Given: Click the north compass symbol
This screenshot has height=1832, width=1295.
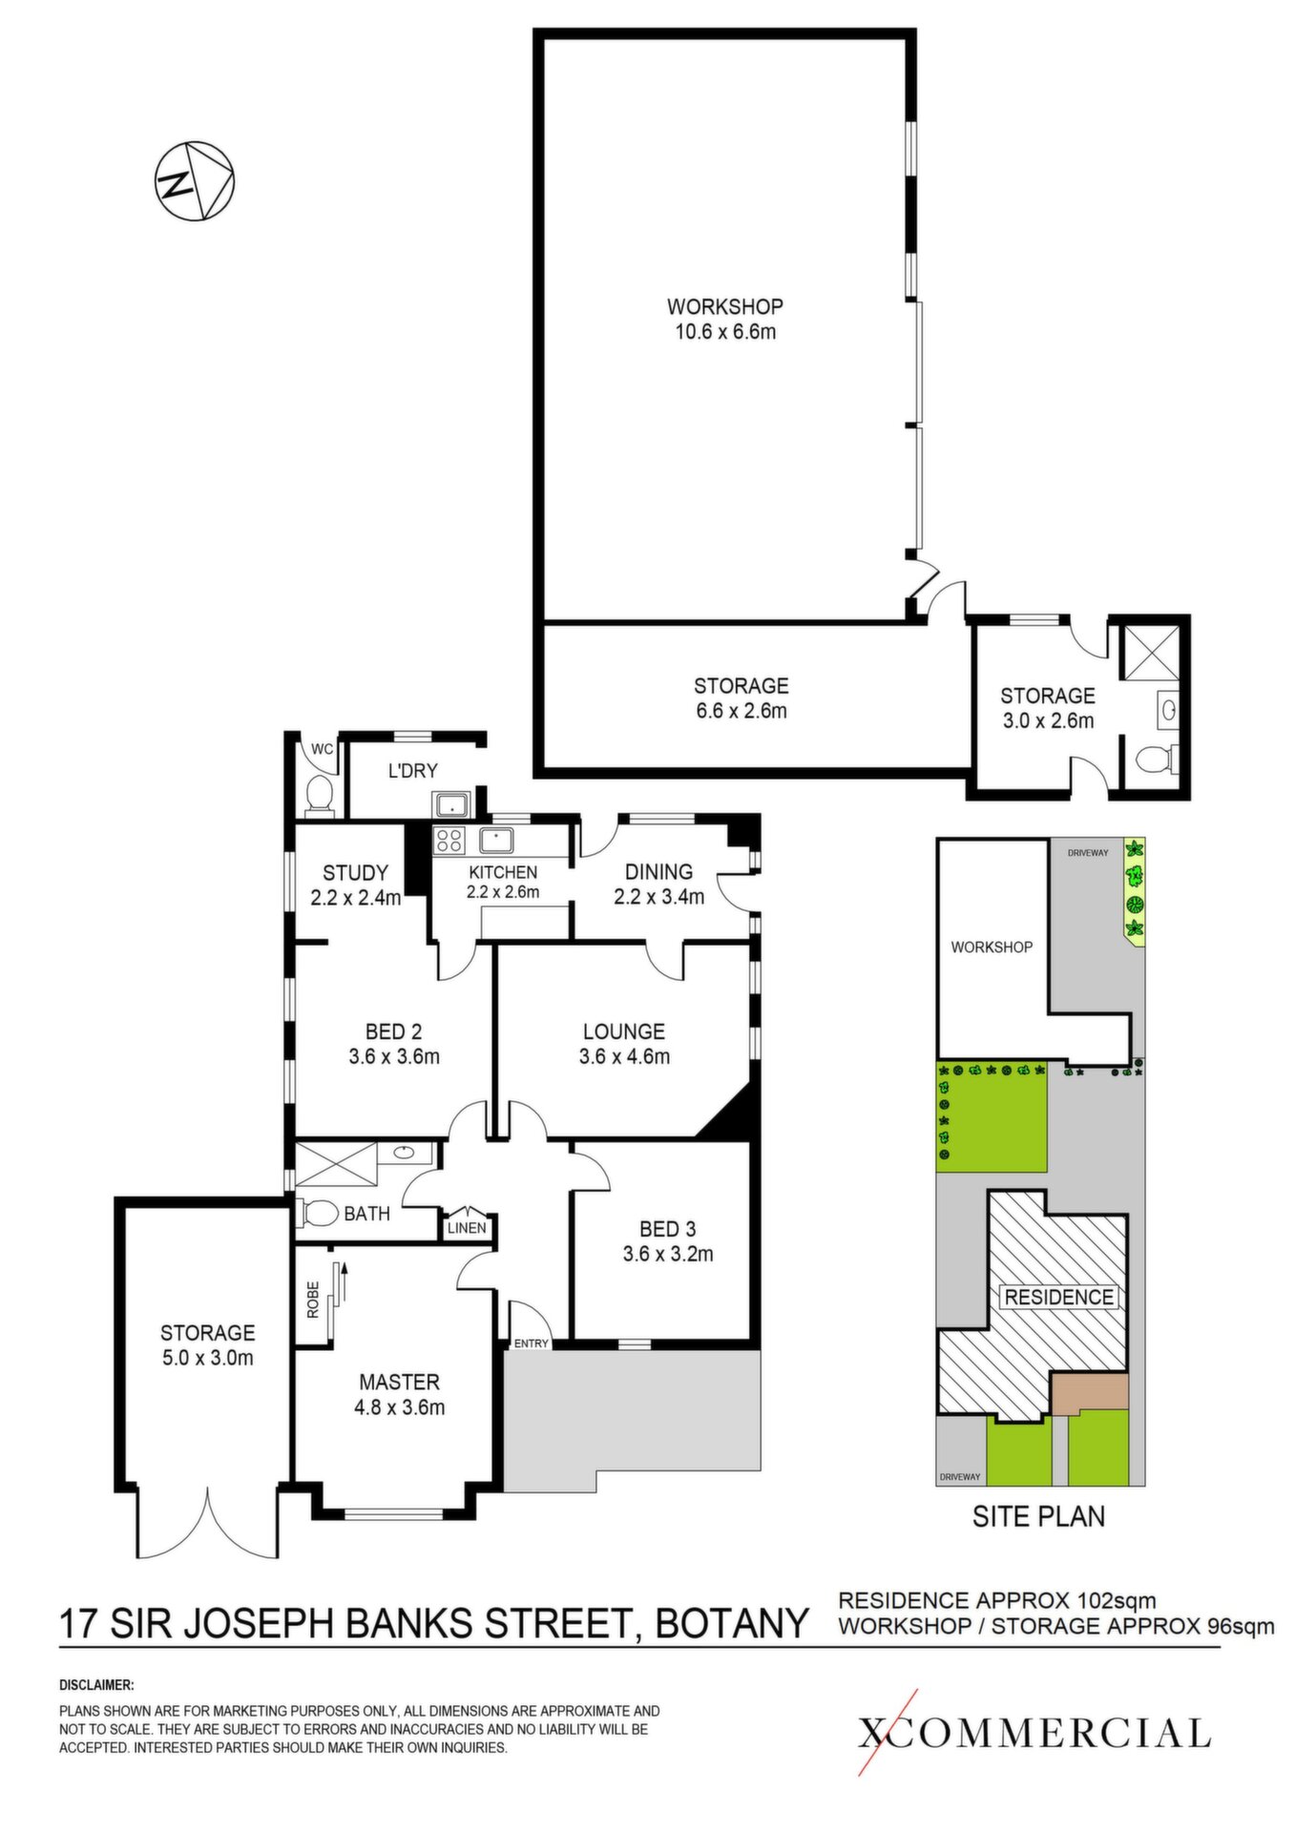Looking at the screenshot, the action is point(195,181).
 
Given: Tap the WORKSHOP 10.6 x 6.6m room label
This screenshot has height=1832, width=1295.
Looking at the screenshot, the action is point(724,319).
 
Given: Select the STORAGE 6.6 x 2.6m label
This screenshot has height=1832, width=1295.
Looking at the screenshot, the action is point(741,697).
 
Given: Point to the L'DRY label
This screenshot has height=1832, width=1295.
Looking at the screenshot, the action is point(412,771).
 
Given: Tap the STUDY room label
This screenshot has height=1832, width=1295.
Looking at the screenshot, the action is point(355,872).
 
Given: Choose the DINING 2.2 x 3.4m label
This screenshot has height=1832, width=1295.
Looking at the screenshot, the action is point(658,884).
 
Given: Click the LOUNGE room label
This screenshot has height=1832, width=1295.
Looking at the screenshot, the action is point(624,1031).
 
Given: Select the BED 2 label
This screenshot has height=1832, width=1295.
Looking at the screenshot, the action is point(393,1031).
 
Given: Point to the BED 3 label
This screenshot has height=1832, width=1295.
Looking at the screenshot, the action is point(667,1229).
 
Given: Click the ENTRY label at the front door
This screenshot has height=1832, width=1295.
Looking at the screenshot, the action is point(532,1343).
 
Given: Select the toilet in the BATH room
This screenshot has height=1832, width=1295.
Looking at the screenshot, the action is point(319,1213).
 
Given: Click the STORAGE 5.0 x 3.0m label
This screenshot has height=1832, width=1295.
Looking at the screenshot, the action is point(207,1344).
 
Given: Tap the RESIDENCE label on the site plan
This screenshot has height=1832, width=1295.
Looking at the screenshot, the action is point(1059,1297).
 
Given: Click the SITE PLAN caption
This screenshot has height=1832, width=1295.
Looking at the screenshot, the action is point(1038,1515).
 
